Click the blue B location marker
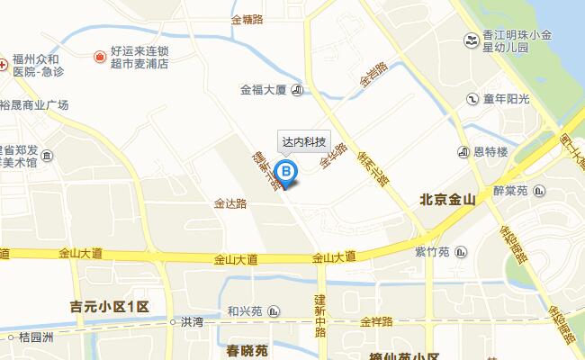click(286, 170)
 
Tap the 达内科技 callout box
click(302, 142)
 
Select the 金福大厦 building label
click(263, 90)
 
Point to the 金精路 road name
click(247, 18)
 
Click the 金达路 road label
click(230, 204)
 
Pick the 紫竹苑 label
click(432, 250)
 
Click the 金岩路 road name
click(373, 74)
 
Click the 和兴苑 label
click(244, 311)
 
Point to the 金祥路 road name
click(377, 321)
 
